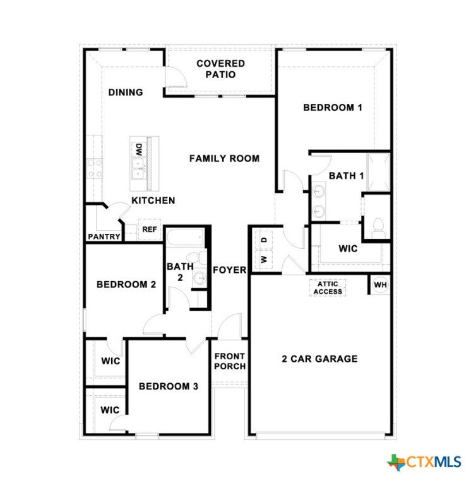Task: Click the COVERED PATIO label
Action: tap(220, 69)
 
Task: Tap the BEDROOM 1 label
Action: tap(333, 107)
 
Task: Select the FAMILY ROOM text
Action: tap(224, 158)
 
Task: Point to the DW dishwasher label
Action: tap(139, 149)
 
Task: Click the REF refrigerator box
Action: tap(150, 229)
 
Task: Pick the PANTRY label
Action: tap(104, 236)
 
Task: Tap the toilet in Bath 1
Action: tap(378, 228)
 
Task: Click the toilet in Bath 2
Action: tap(197, 258)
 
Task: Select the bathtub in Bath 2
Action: tap(186, 237)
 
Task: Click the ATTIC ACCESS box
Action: tap(328, 287)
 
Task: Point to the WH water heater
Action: tap(380, 285)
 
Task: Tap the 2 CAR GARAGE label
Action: tap(319, 359)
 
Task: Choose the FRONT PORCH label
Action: tap(230, 361)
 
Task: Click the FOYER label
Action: tap(230, 270)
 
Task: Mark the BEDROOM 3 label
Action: tap(169, 386)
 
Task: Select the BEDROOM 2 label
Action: tap(126, 284)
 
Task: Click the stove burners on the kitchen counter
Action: tap(94, 168)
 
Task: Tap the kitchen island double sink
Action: tap(138, 168)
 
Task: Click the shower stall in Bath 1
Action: tap(379, 172)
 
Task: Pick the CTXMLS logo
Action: tap(424, 462)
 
